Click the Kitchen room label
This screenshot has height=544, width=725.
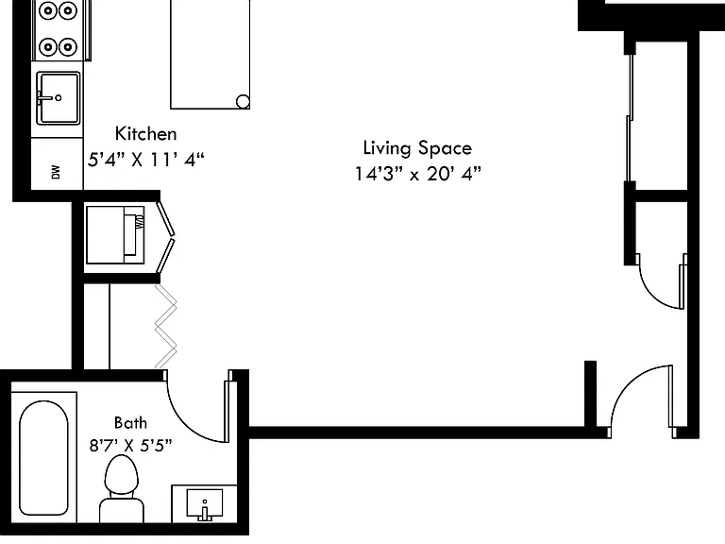click(x=145, y=134)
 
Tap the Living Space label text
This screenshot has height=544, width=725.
click(x=417, y=148)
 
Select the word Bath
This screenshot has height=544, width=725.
click(x=130, y=423)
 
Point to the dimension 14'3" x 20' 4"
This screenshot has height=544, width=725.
click(x=417, y=174)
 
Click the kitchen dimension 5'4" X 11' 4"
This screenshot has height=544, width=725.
click(x=145, y=160)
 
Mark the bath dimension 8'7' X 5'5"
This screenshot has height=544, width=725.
click(x=130, y=446)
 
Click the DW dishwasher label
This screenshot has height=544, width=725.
click(x=56, y=172)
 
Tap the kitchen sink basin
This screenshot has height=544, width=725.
click(x=59, y=98)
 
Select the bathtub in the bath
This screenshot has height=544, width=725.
click(x=44, y=458)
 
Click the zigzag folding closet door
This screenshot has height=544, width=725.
click(x=165, y=326)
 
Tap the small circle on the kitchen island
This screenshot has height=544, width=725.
click(x=243, y=101)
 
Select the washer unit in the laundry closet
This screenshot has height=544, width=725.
click(x=115, y=235)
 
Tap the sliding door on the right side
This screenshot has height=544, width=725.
click(x=630, y=117)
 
